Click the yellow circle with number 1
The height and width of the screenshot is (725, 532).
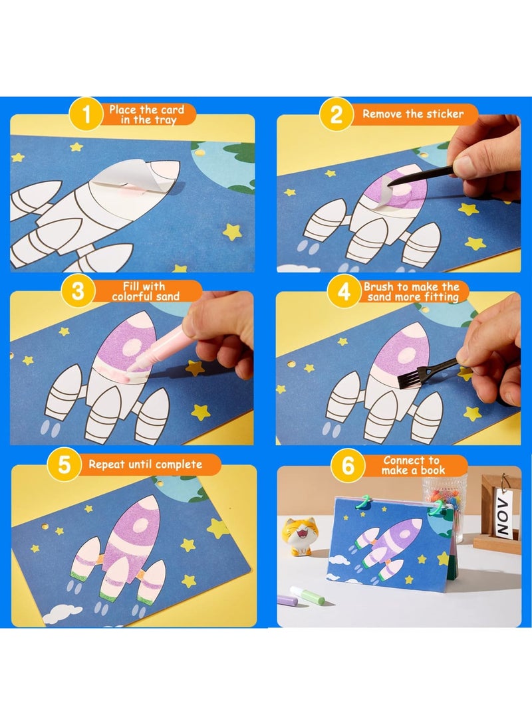[86, 114]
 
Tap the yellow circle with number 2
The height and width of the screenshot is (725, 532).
[336, 114]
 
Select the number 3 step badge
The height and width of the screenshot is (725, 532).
[78, 291]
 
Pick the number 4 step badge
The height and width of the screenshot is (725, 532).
[344, 292]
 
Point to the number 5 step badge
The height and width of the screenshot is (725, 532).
[64, 465]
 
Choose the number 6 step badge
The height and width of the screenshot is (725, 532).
[348, 465]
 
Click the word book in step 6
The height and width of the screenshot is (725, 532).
[432, 470]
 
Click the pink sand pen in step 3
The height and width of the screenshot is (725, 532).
[159, 346]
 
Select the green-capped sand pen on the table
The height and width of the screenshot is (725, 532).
[308, 595]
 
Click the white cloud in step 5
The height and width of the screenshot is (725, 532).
[63, 613]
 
